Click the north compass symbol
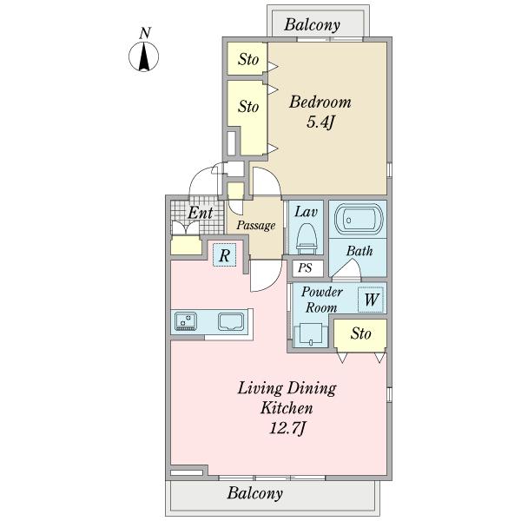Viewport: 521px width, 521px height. pyautogui.click(x=143, y=56)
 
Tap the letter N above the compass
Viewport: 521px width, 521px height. pyautogui.click(x=145, y=33)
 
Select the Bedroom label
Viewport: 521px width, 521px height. pyautogui.click(x=320, y=102)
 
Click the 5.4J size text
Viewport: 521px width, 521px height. pyautogui.click(x=320, y=122)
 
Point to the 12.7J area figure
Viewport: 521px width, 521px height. pyautogui.click(x=287, y=428)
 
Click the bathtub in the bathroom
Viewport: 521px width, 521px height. pyautogui.click(x=359, y=219)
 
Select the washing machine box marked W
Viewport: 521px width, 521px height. pyautogui.click(x=371, y=300)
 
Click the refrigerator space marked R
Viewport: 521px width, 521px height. pyautogui.click(x=225, y=255)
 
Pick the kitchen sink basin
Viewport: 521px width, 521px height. pyautogui.click(x=231, y=322)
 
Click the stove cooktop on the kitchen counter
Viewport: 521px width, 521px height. pyautogui.click(x=186, y=321)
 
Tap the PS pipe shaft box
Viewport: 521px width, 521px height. pyautogui.click(x=307, y=268)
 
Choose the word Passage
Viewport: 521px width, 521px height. pyautogui.click(x=256, y=226)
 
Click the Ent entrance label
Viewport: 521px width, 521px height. pyautogui.click(x=200, y=213)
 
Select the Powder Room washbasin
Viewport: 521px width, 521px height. pyautogui.click(x=310, y=334)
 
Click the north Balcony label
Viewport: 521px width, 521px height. pyautogui.click(x=312, y=25)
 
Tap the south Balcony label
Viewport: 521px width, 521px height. pyautogui.click(x=255, y=493)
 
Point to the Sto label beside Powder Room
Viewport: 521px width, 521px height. pyautogui.click(x=360, y=333)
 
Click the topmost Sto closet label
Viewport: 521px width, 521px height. pyautogui.click(x=248, y=59)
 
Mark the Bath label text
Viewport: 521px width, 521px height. pyautogui.click(x=359, y=251)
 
